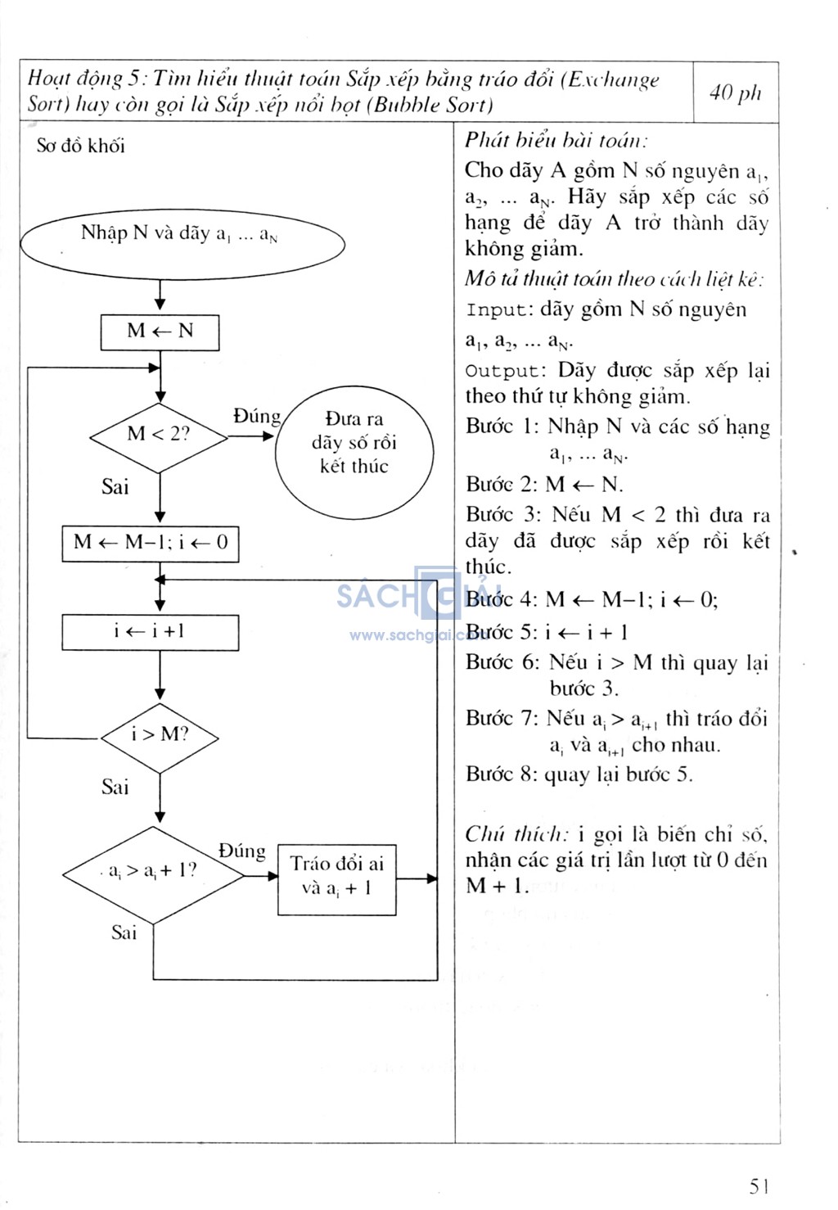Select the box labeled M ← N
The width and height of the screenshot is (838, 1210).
[x=160, y=332]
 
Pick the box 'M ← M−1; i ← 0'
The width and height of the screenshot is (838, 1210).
[x=151, y=543]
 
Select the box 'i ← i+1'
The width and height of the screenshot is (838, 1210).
[x=151, y=632]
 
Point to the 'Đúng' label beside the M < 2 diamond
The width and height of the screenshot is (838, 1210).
[x=256, y=417]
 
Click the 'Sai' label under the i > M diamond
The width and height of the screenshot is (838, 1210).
[x=115, y=788]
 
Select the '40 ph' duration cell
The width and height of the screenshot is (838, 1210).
[x=735, y=93]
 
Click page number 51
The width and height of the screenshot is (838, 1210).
[x=759, y=1185]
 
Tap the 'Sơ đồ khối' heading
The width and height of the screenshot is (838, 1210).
[x=81, y=147]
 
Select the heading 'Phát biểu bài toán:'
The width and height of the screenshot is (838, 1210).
[x=556, y=140]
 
